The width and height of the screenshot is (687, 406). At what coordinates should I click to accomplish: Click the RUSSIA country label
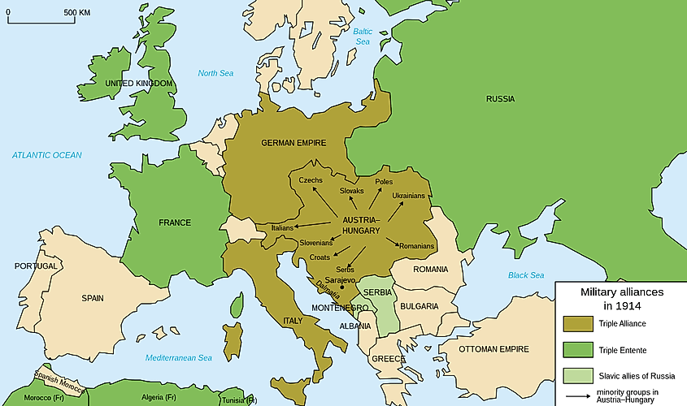500,99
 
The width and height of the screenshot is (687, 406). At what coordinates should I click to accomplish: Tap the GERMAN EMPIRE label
293,143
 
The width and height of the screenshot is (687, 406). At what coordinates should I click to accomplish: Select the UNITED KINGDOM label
139,84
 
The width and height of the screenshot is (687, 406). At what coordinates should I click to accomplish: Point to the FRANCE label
175,222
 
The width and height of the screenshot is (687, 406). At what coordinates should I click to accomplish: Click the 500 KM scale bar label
76,13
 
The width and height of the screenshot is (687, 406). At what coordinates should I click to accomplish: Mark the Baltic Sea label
363,36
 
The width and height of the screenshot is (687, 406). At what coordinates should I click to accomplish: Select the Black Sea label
526,275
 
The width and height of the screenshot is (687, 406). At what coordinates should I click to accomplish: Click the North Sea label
215,73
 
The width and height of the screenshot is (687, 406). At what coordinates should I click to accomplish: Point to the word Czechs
311,179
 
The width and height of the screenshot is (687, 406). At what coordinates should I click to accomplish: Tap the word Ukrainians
408,196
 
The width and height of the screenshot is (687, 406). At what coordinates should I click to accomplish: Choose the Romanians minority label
415,246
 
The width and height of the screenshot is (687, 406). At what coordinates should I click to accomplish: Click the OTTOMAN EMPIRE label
494,349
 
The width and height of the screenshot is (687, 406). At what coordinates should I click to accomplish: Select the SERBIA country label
378,292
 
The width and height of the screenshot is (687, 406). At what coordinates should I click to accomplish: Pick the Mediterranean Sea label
179,358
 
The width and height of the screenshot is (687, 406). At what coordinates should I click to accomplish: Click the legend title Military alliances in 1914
621,298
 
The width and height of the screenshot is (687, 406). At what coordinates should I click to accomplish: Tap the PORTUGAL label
36,266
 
